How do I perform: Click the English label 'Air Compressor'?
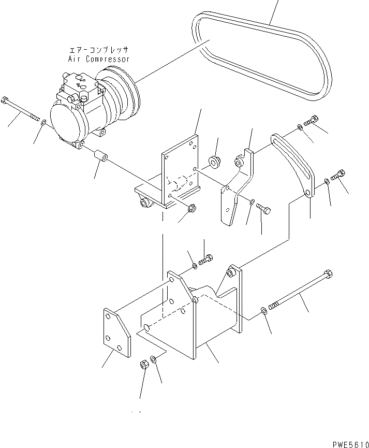(x=98, y=59)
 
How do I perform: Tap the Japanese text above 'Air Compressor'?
(x=98, y=50)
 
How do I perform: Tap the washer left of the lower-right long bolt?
(x=263, y=310)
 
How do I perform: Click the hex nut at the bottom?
(x=144, y=365)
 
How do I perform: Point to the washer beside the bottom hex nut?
(x=155, y=359)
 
